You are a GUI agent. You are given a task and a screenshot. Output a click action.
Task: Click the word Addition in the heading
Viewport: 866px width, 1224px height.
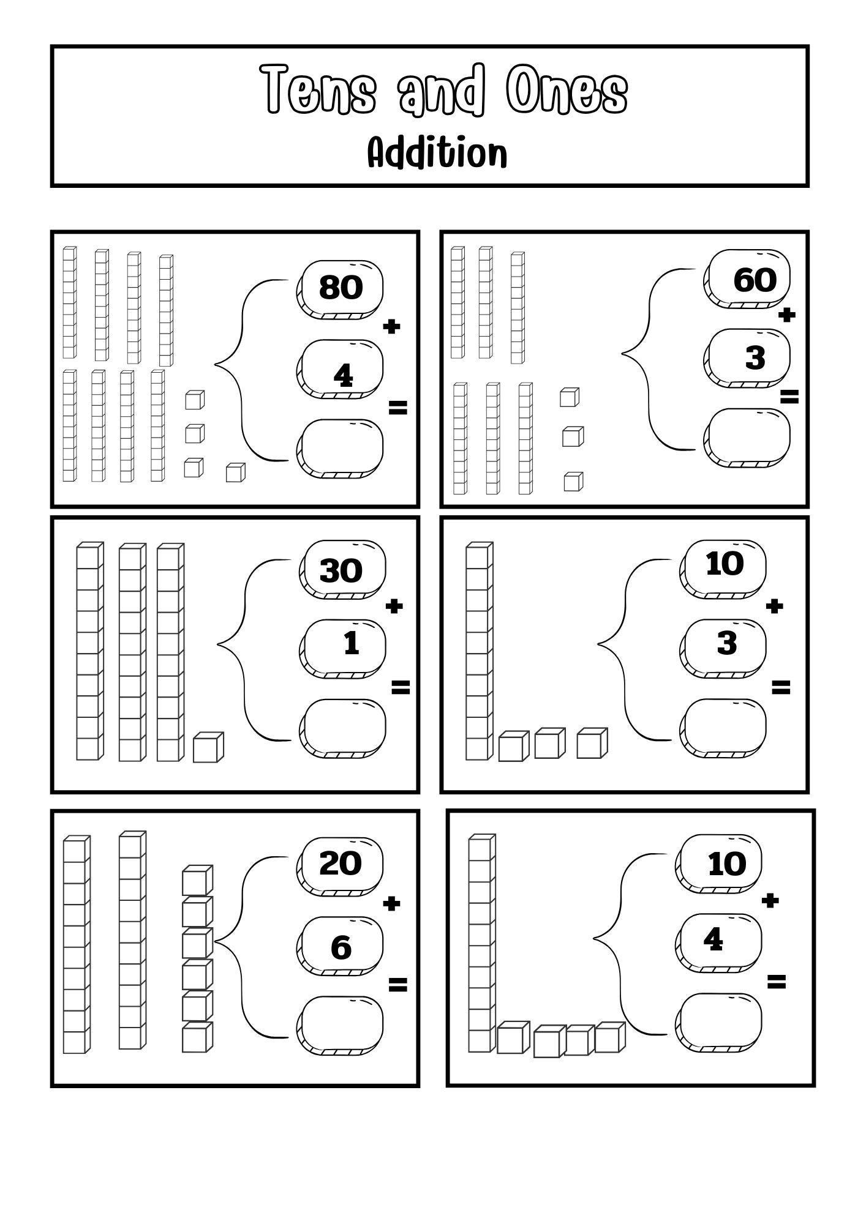click(437, 153)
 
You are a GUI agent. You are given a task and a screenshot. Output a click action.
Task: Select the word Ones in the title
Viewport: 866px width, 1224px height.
click(567, 89)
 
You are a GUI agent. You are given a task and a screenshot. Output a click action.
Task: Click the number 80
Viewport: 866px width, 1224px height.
click(341, 286)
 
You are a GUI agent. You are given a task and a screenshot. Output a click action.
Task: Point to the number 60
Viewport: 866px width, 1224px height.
click(755, 280)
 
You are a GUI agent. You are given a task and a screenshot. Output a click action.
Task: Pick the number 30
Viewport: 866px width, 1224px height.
click(341, 570)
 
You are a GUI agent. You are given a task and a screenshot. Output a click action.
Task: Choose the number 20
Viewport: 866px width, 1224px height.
click(341, 863)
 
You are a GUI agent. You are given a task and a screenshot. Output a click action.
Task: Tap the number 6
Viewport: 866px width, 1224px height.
click(341, 947)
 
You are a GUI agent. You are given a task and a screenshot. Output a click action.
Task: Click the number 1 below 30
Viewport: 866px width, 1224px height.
click(351, 644)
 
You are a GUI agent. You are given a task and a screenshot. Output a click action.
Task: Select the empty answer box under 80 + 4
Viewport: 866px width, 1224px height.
click(341, 447)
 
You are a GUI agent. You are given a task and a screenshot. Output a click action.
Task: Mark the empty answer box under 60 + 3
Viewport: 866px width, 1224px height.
click(748, 436)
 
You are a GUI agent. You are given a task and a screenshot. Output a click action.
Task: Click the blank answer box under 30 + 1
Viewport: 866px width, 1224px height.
click(344, 727)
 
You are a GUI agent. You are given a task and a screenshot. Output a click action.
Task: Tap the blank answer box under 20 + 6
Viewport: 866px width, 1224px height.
click(341, 1024)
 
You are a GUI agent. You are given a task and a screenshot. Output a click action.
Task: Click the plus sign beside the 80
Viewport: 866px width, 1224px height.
click(391, 327)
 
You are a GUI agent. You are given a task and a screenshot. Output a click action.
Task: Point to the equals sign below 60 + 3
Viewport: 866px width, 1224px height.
click(789, 397)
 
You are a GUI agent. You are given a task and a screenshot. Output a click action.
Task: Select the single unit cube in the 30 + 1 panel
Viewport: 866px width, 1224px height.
click(208, 748)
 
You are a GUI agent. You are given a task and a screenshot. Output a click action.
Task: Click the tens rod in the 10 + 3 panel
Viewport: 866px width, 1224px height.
click(478, 652)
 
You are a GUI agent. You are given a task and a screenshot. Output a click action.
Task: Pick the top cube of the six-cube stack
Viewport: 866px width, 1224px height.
click(197, 880)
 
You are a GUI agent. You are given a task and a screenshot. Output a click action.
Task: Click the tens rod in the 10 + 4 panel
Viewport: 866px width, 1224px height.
click(481, 943)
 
